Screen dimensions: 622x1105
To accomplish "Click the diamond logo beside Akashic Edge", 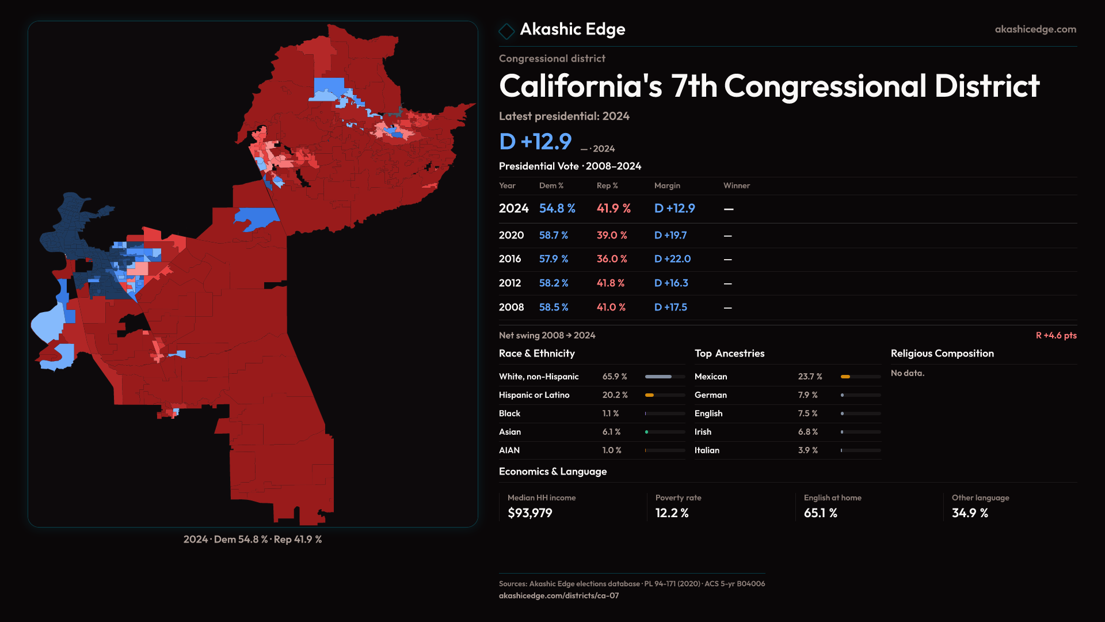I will [506, 31].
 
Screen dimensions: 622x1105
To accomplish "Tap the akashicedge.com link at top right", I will [1035, 29].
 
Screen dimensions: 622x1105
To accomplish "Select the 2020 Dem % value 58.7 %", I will [553, 236].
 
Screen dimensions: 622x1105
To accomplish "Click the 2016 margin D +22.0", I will [672, 259].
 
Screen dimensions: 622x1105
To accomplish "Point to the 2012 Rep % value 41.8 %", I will [610, 283].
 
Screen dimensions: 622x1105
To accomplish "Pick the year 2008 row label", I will [511, 308].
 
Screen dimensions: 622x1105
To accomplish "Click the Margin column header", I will [667, 185].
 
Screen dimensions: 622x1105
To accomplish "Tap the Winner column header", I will [736, 185].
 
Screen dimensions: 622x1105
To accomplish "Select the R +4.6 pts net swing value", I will [1056, 335].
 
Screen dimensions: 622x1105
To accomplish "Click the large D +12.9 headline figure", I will [535, 142].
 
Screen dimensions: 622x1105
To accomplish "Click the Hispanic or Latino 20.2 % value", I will [615, 395].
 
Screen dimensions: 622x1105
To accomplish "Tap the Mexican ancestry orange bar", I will [845, 377].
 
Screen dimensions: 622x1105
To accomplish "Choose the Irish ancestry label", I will [703, 432].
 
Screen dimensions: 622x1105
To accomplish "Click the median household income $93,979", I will [529, 513].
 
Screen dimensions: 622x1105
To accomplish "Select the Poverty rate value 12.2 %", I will [672, 513].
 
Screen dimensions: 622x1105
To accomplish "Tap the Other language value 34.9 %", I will [970, 513].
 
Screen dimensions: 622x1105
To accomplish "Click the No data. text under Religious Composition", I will [908, 373].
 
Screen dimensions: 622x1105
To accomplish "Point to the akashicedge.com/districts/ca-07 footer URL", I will [558, 596].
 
